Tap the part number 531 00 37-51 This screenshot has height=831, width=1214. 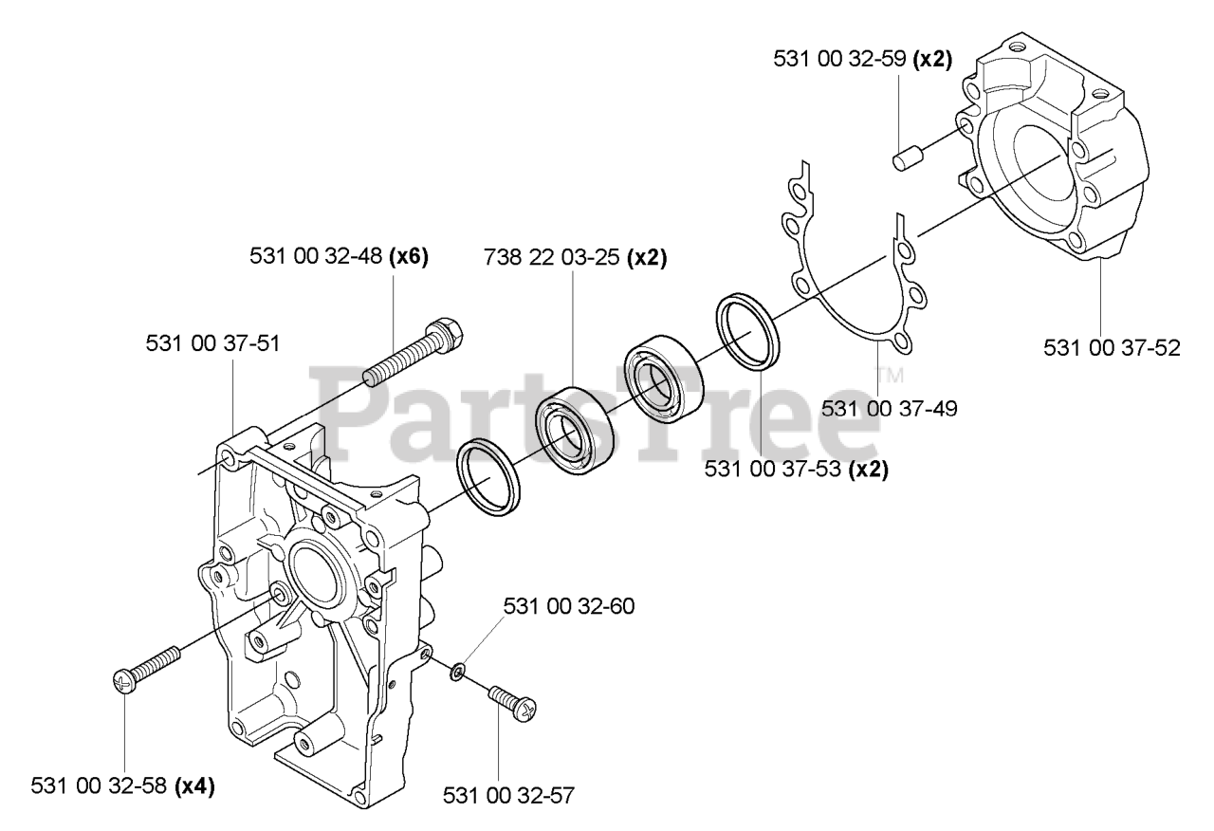(212, 343)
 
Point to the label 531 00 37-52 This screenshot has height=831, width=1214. (1112, 347)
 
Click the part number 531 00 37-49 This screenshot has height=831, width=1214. (889, 409)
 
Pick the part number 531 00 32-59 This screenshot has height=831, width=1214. (841, 59)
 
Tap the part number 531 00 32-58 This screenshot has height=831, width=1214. (98, 786)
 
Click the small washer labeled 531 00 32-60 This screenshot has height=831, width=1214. (457, 673)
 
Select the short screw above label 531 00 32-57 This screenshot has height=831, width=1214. (512, 703)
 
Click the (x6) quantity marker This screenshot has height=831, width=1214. (409, 256)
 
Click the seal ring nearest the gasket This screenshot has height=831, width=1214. (749, 330)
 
